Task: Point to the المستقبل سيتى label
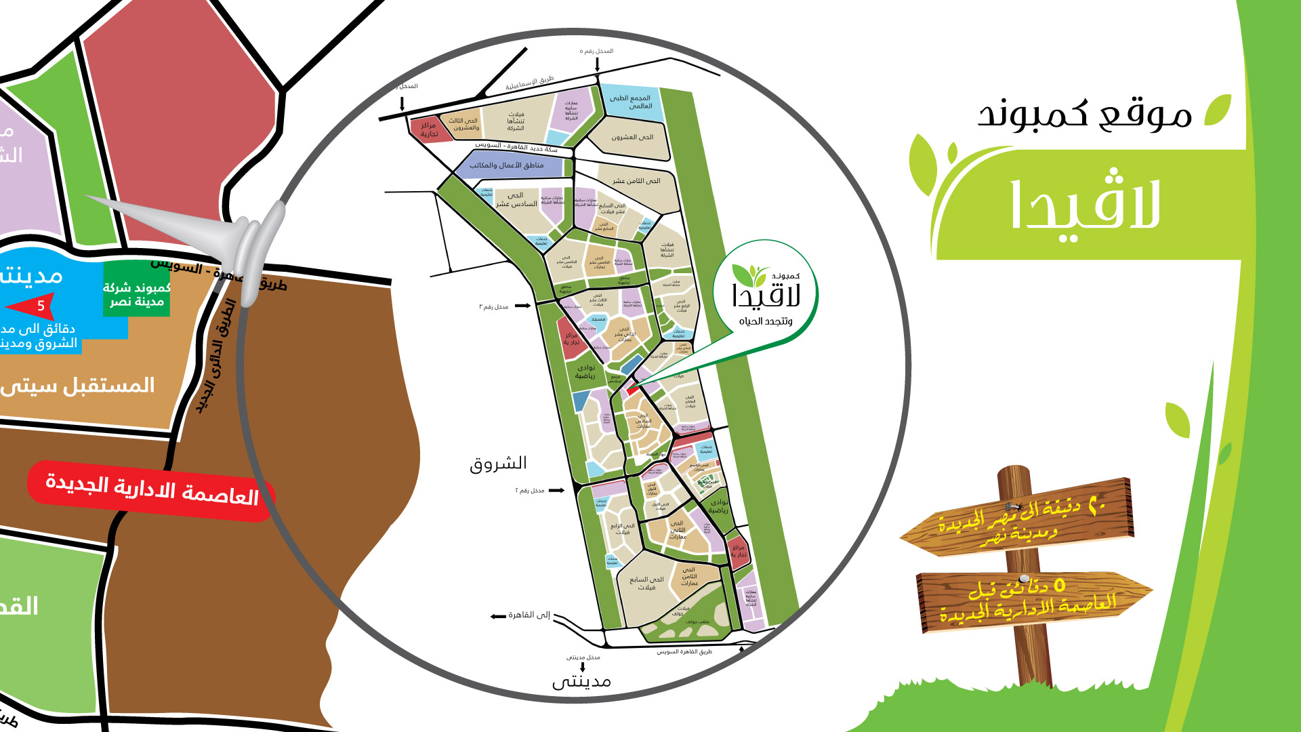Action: (x=78, y=386)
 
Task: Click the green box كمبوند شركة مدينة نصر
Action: (x=136, y=295)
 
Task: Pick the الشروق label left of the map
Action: (x=498, y=464)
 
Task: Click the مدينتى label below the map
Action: (x=581, y=681)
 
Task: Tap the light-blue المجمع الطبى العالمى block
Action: (x=631, y=102)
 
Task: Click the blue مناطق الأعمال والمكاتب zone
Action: (x=507, y=165)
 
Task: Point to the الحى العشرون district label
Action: (x=632, y=138)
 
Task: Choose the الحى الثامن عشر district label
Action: (x=636, y=181)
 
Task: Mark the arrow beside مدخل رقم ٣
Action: (x=522, y=306)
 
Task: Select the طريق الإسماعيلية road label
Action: (x=529, y=83)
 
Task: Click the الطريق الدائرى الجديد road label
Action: (x=216, y=356)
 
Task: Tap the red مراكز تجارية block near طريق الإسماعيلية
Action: (x=428, y=129)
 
